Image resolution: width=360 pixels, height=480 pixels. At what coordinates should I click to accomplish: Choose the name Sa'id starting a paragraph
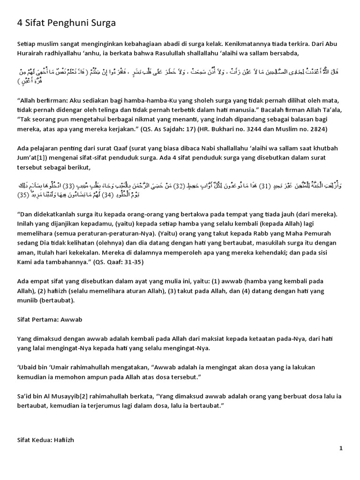[x=25, y=396]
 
